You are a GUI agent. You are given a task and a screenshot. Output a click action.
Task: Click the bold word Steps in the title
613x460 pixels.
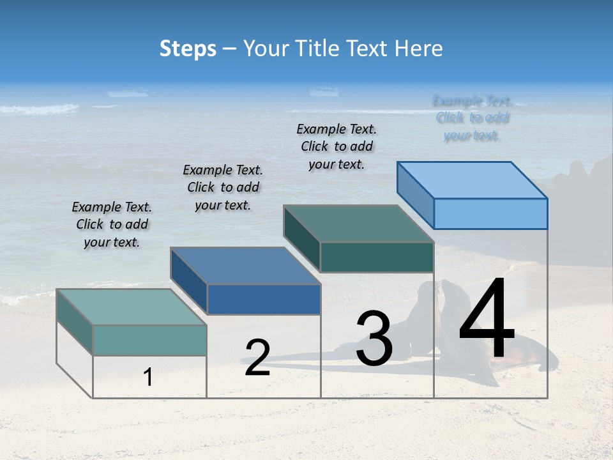[x=188, y=49]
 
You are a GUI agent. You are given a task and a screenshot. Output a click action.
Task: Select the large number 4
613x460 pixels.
[x=487, y=321]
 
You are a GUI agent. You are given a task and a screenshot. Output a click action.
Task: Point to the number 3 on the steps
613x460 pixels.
[x=374, y=339]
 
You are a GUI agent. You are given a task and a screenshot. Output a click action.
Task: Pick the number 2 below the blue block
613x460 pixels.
[x=257, y=358]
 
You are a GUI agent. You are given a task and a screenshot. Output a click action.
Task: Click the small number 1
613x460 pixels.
[x=148, y=378]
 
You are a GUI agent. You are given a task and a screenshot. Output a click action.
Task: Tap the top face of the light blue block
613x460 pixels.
[x=472, y=180]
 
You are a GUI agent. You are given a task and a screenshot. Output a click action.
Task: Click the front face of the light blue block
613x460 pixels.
[x=490, y=213]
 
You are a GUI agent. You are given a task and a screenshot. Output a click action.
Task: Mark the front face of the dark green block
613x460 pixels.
[x=377, y=257]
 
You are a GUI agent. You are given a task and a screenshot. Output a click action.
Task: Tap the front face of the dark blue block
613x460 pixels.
[x=264, y=299]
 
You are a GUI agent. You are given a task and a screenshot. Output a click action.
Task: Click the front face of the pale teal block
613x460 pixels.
[x=149, y=340]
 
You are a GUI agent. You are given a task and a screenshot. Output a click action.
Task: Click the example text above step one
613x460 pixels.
[x=112, y=224]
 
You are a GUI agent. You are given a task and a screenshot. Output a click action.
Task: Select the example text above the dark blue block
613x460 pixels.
[x=223, y=187]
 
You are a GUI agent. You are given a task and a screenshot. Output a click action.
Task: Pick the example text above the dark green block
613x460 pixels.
[x=337, y=146]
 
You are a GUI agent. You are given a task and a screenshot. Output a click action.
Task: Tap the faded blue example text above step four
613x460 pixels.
[x=472, y=118]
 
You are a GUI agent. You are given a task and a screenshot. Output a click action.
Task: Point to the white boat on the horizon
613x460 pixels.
[x=324, y=91]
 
